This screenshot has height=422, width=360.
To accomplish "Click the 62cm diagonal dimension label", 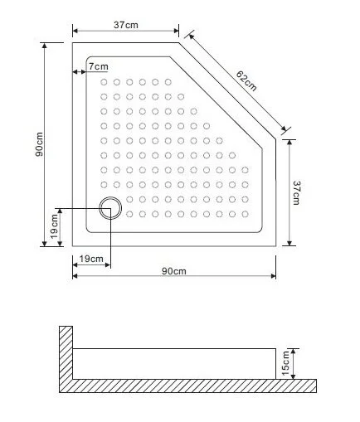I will pos(247,81).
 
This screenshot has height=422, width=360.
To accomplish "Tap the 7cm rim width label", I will pos(98,66).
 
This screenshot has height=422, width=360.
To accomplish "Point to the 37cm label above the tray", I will pos(125,26).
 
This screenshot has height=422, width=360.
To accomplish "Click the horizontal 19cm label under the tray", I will pos(90,260).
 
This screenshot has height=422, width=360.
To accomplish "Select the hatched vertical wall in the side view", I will pos(66,352).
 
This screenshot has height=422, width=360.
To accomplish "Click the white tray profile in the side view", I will pos(174,363).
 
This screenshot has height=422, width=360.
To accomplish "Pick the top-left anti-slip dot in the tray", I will pos(104,82).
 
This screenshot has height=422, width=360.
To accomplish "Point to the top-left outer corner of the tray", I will pos(73,42).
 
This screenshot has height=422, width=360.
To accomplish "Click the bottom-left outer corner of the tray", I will pos(73,245).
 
